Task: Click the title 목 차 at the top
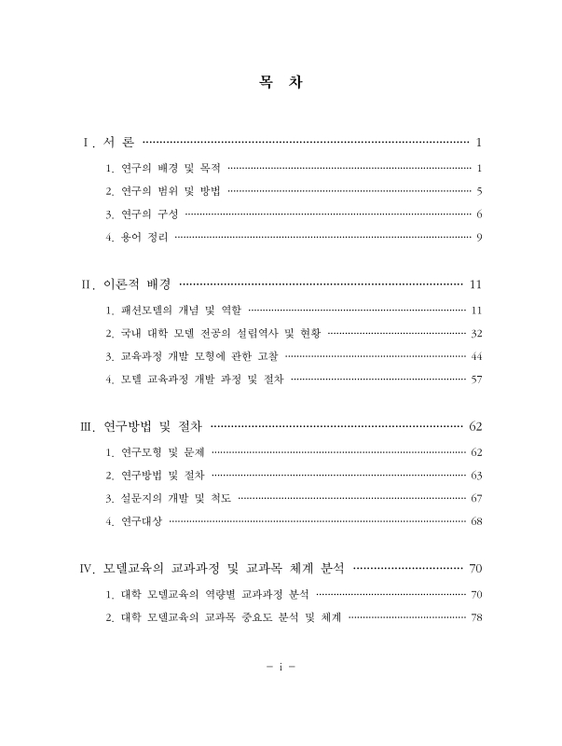pyautogui.click(x=280, y=83)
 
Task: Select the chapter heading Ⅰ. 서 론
pyautogui.click(x=109, y=143)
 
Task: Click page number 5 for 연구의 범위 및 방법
pyautogui.click(x=477, y=191)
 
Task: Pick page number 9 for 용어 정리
pyautogui.click(x=477, y=237)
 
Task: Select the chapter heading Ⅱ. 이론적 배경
pyautogui.click(x=128, y=284)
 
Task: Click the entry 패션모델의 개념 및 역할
pyautogui.click(x=174, y=310)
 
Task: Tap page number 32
pyautogui.click(x=475, y=333)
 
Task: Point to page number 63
pyautogui.click(x=475, y=476)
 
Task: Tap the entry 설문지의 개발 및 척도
pyautogui.click(x=169, y=498)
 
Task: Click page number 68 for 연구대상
pyautogui.click(x=475, y=520)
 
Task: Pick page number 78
pyautogui.click(x=475, y=616)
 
